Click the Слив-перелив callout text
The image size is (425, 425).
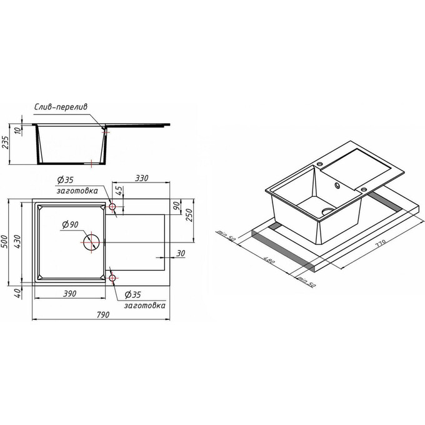point(61,107)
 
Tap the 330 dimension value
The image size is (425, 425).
point(142,178)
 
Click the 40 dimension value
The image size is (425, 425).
point(20,292)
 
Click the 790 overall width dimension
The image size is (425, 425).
point(102,315)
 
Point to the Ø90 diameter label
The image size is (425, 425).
point(70,224)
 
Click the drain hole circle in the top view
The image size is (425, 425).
point(91,241)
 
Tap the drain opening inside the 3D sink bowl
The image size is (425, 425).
point(326,211)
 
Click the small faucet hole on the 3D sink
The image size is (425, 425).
point(337,184)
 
